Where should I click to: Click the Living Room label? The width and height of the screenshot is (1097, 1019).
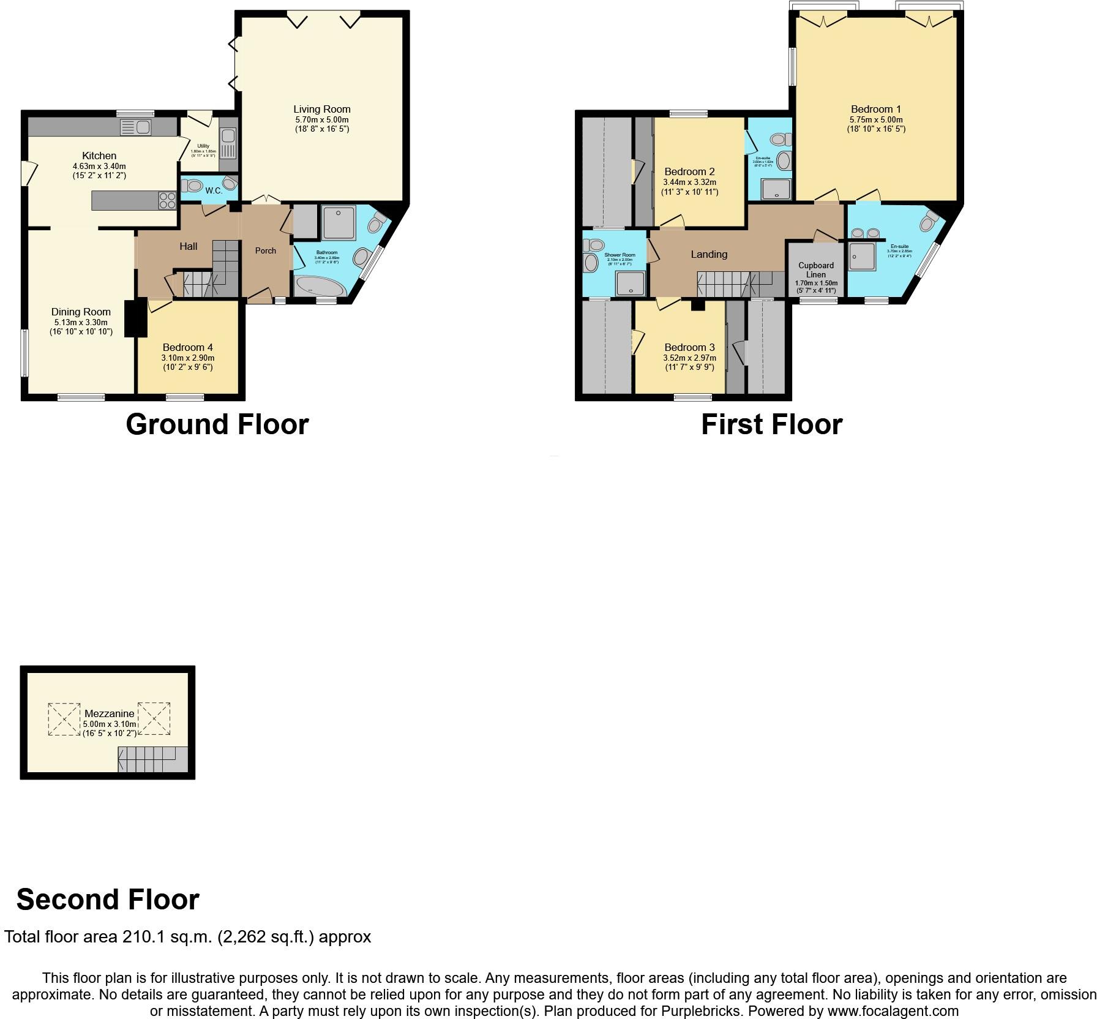[x=321, y=110]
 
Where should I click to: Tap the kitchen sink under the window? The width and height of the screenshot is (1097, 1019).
[x=137, y=127]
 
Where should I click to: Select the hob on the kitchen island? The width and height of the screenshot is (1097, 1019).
[x=167, y=201]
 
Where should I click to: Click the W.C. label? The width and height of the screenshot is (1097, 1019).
[x=214, y=191]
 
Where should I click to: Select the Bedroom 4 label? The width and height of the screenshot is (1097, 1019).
[x=187, y=348]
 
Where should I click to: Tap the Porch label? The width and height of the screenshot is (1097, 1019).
[x=266, y=250]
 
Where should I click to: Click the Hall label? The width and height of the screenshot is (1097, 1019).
[x=189, y=246]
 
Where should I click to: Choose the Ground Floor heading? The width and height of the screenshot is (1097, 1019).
[x=217, y=424]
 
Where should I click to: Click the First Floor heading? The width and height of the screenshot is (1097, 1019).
[x=771, y=424]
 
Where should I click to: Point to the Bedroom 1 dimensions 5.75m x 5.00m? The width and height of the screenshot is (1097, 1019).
[x=876, y=120]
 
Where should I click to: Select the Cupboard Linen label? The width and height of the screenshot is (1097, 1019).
[x=816, y=270]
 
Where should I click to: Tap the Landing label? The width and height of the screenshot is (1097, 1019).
[x=709, y=254]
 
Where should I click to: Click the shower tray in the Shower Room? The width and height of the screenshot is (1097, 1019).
[x=630, y=283]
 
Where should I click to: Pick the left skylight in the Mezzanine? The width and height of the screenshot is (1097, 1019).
[x=64, y=719]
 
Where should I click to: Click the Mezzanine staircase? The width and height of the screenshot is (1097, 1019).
[x=153, y=759]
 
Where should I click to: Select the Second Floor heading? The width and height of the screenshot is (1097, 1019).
[x=108, y=900]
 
